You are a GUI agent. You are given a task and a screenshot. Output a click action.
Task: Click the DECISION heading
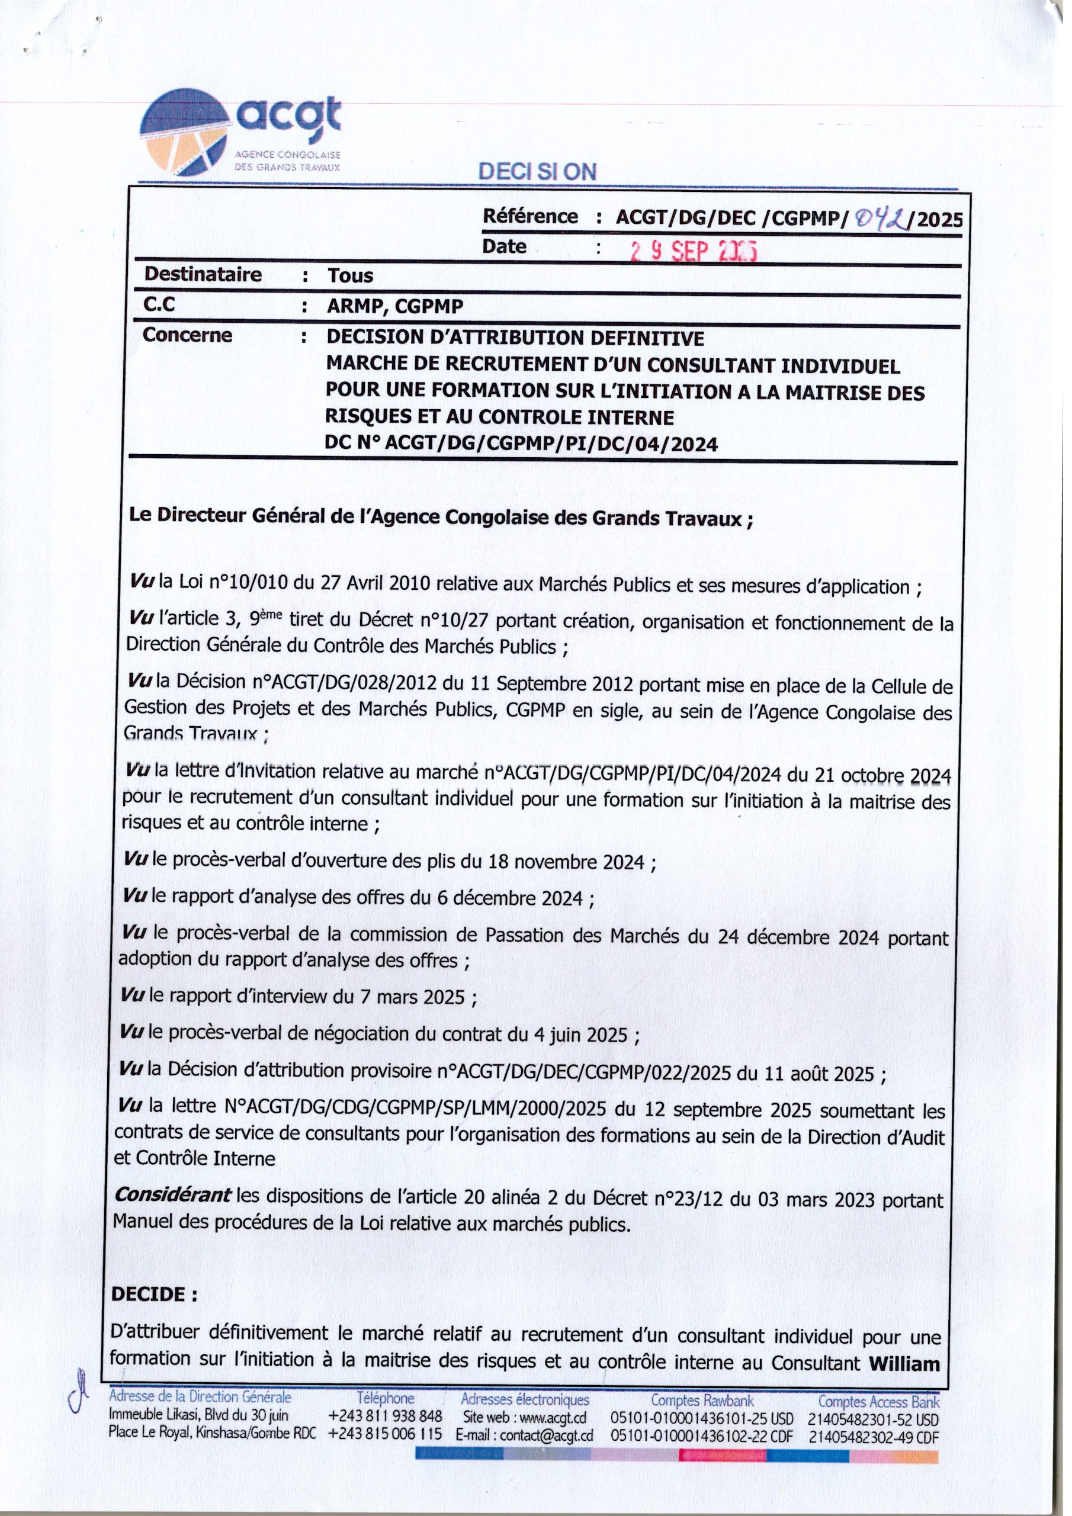coord(538,172)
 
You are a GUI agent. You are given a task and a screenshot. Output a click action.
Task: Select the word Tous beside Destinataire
coord(350,275)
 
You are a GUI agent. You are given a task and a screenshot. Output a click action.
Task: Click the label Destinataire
coord(203,274)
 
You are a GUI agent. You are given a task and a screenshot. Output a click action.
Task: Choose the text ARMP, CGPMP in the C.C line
coord(395,306)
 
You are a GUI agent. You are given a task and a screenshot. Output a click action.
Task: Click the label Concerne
coord(188,335)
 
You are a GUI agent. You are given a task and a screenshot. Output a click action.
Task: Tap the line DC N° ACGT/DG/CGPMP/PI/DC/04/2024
coord(521,444)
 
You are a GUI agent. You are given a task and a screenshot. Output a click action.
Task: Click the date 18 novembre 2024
coord(566,862)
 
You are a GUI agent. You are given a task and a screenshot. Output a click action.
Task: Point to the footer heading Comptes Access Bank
coord(878,1401)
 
